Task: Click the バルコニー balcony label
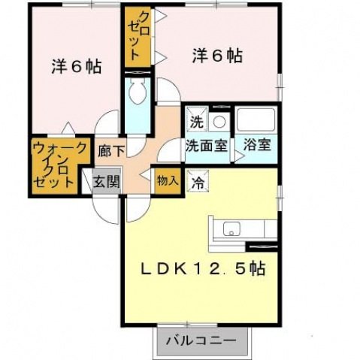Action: click(x=201, y=340)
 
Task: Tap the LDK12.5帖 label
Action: click(x=203, y=267)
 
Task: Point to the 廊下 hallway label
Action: click(x=107, y=150)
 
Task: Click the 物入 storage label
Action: click(x=167, y=180)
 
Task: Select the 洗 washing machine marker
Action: click(x=195, y=120)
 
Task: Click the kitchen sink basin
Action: click(x=231, y=228)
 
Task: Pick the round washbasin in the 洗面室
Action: click(x=219, y=122)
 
